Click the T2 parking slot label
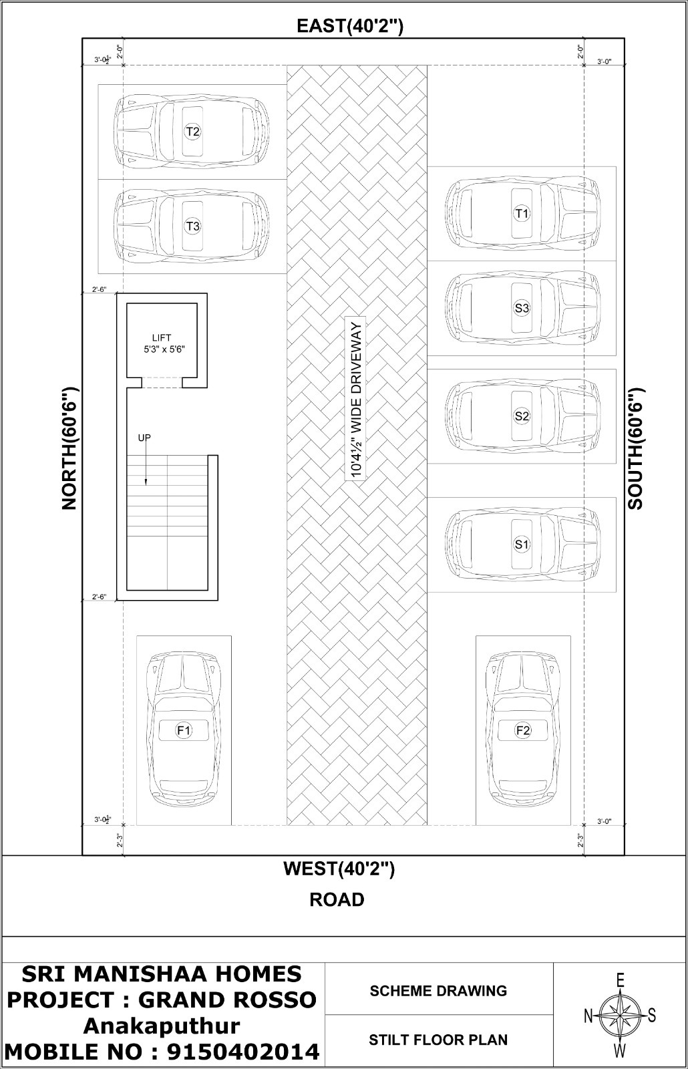tap(192, 131)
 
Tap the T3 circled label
tap(192, 226)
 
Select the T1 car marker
tap(522, 213)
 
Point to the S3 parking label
tap(522, 308)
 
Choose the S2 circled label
tap(522, 416)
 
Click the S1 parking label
tap(522, 544)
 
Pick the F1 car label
tap(184, 730)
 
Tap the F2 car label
tap(523, 730)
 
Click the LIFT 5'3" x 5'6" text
tap(164, 343)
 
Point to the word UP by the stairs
tap(144, 438)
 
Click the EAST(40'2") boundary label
tap(350, 26)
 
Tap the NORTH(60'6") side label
tap(70, 448)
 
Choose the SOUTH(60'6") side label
tap(635, 448)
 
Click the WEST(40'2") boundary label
tap(339, 869)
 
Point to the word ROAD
tap(337, 899)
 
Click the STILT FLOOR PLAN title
tap(438, 1040)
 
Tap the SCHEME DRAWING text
tap(438, 991)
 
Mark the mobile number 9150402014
tap(242, 1052)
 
